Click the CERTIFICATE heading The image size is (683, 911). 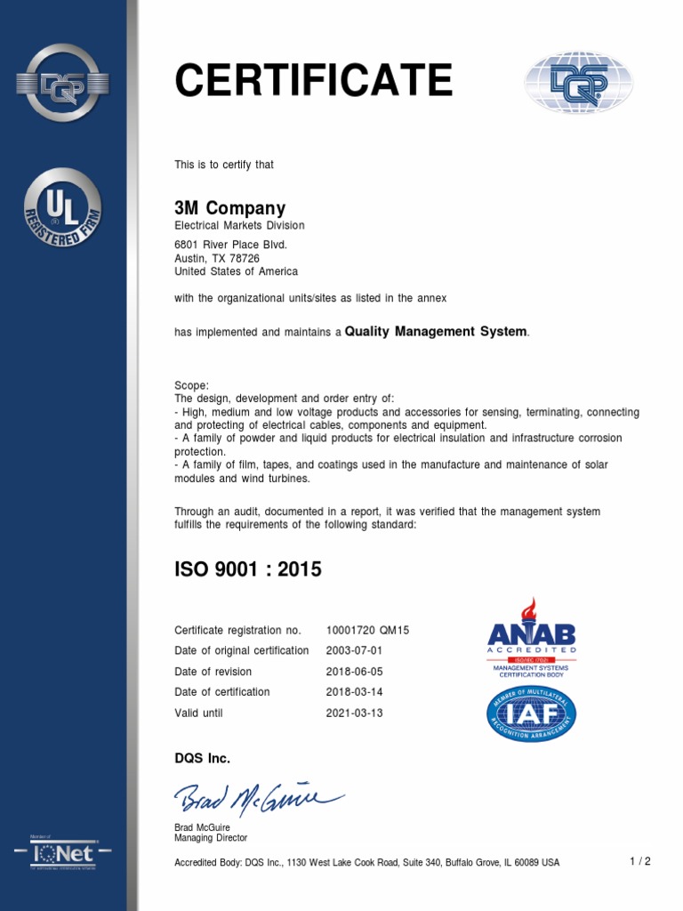click(x=313, y=82)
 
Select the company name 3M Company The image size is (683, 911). click(x=229, y=208)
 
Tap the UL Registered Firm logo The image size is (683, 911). click(x=62, y=207)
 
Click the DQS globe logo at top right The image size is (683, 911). click(x=577, y=83)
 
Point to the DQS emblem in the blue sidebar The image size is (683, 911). click(x=62, y=83)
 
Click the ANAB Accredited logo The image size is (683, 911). click(x=532, y=637)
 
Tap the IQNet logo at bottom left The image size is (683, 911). click(x=62, y=854)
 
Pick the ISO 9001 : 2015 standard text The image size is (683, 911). click(x=248, y=570)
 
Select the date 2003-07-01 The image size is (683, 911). click(x=354, y=650)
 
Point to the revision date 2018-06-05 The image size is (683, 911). click(x=354, y=672)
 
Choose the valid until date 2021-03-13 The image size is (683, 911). click(x=354, y=713)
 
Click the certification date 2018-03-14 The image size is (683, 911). click(x=354, y=692)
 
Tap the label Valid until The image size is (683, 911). click(x=198, y=713)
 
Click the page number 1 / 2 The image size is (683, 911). click(x=640, y=861)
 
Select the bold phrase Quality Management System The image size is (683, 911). click(x=436, y=331)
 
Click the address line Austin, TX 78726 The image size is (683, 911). click(x=217, y=258)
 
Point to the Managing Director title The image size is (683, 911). click(x=211, y=838)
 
